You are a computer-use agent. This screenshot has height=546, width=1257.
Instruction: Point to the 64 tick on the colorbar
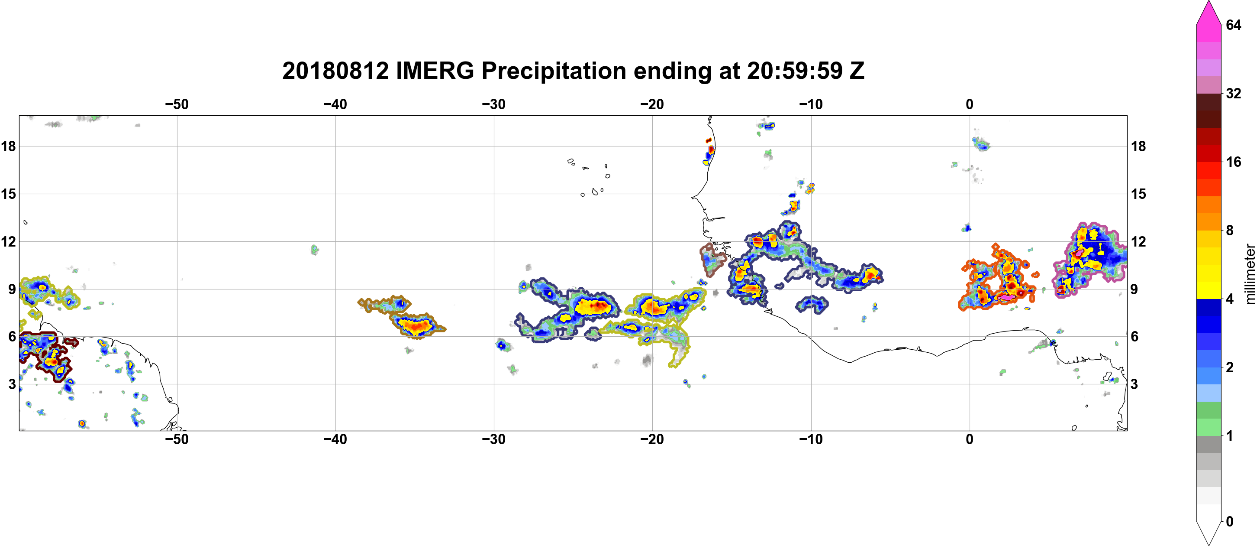pos(1233,25)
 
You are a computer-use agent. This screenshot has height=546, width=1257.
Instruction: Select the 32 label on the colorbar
pos(1233,93)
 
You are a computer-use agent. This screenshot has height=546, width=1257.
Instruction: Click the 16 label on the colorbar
pos(1233,162)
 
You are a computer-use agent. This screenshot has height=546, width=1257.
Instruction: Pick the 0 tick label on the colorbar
pos(1230,522)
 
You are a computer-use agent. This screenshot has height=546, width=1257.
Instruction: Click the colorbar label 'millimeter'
pos(1250,274)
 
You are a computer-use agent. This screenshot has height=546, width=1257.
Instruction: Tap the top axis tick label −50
pos(177,104)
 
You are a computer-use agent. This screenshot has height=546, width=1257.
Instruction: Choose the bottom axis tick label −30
pos(494,439)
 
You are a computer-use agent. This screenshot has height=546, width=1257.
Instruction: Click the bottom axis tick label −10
pos(811,439)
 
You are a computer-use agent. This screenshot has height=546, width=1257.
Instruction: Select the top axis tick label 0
pos(970,104)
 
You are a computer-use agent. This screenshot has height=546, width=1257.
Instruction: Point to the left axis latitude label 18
pos(8,146)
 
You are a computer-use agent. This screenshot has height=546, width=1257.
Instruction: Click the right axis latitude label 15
pos(1138,194)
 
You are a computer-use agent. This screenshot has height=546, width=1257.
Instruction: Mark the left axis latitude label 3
pos(12,384)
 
